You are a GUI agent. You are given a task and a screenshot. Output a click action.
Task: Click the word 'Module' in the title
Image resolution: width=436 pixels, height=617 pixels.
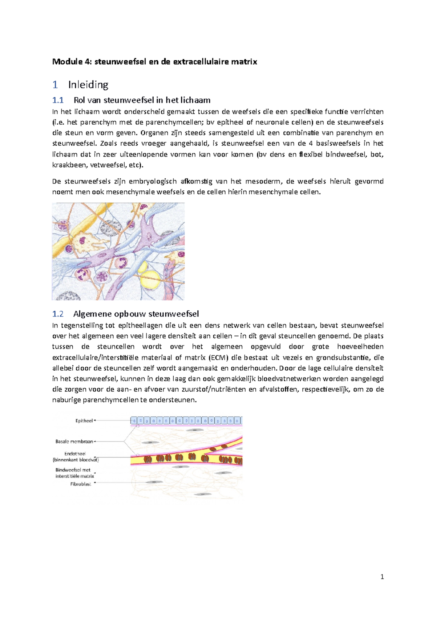point(68,62)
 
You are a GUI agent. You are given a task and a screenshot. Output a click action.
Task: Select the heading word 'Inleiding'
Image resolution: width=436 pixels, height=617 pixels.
point(88,85)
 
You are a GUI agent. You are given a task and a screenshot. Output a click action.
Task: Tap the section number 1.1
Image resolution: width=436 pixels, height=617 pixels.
point(58,100)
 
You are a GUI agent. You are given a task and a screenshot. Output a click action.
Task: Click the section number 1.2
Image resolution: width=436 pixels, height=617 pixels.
point(58,314)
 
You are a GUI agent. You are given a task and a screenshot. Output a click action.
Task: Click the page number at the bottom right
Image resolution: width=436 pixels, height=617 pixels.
point(382,577)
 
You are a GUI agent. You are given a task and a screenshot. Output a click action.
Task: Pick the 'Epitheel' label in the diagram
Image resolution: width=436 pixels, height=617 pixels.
point(84,421)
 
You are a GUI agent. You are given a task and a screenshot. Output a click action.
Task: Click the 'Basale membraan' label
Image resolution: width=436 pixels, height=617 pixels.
point(74,442)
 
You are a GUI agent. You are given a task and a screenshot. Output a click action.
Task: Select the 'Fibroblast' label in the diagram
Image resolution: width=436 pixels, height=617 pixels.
point(81,484)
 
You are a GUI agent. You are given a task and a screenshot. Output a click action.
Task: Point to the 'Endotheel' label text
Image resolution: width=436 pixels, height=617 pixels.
point(75,454)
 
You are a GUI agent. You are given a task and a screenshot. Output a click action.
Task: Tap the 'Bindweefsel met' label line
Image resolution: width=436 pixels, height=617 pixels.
point(73,470)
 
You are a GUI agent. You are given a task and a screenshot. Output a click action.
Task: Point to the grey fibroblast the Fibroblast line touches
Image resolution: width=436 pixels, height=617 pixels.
point(156,482)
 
